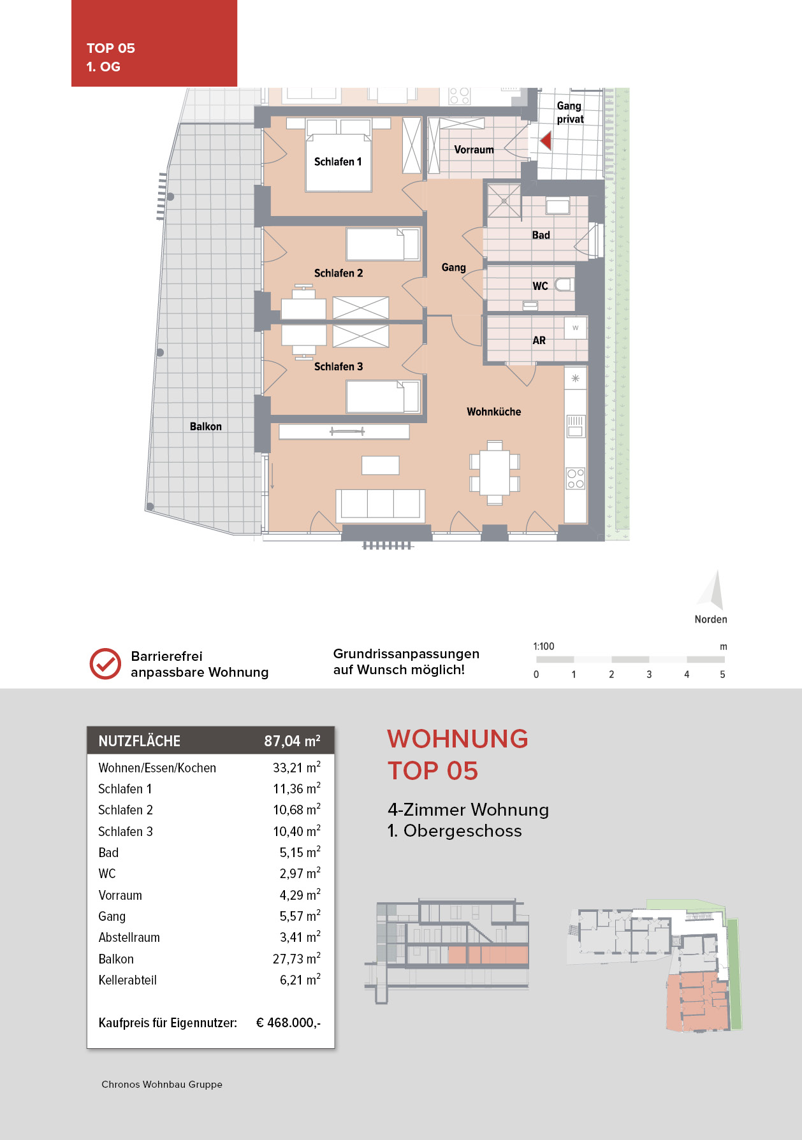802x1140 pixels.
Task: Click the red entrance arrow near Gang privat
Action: point(546,140)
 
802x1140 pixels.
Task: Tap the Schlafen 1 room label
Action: point(338,162)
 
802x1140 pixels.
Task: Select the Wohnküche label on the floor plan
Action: point(494,412)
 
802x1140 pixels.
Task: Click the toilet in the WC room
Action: point(564,285)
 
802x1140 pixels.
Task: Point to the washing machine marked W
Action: point(576,328)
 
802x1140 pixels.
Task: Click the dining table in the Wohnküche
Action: point(495,472)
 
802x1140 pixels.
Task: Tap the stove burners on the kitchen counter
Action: point(576,479)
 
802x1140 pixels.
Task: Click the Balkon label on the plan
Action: point(206,426)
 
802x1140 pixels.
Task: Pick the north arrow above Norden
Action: point(712,590)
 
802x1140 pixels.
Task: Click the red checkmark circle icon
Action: point(105,664)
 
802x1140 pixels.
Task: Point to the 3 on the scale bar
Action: point(649,674)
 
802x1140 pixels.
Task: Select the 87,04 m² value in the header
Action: point(292,741)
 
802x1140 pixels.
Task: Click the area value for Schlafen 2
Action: point(296,810)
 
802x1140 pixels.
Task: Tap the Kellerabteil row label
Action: point(128,980)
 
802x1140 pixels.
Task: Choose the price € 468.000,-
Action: point(288,1023)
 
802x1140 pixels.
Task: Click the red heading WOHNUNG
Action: point(458,739)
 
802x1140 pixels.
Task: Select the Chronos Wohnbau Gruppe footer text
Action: point(162,1085)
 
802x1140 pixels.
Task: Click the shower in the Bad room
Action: point(504,201)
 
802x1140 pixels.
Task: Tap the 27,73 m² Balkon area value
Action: point(296,959)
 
